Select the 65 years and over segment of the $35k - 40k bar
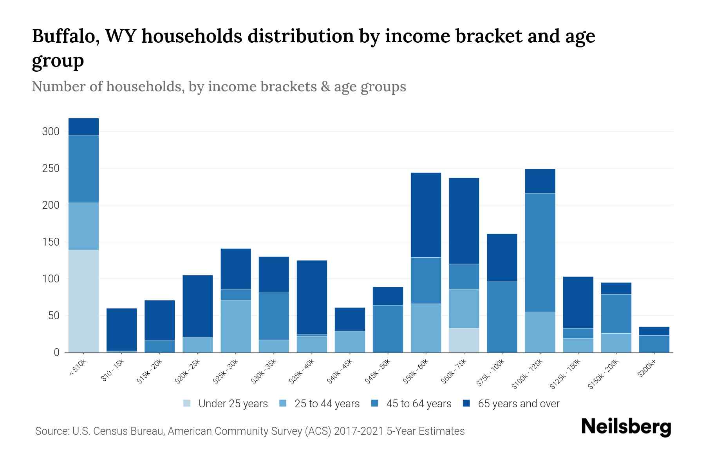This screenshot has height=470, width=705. [x=312, y=297]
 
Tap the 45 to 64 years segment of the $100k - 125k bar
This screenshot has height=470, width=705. [x=540, y=253]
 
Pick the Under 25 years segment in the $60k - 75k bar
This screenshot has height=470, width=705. [x=464, y=340]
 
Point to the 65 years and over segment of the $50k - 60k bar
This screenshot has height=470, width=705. [x=426, y=215]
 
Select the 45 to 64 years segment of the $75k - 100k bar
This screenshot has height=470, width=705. [x=502, y=316]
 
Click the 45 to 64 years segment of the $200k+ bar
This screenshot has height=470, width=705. [x=654, y=343]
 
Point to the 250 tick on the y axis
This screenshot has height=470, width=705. [x=51, y=168]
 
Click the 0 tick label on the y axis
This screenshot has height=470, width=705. [x=56, y=352]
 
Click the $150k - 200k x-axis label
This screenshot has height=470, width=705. [x=603, y=374]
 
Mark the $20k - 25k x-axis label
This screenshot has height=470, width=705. [x=188, y=372]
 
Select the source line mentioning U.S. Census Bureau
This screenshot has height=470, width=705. [x=250, y=431]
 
